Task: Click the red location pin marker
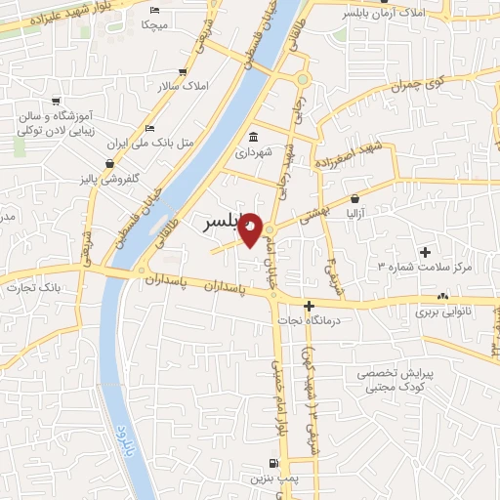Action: pyautogui.click(x=251, y=229)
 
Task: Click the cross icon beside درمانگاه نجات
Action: pyautogui.click(x=309, y=307)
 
